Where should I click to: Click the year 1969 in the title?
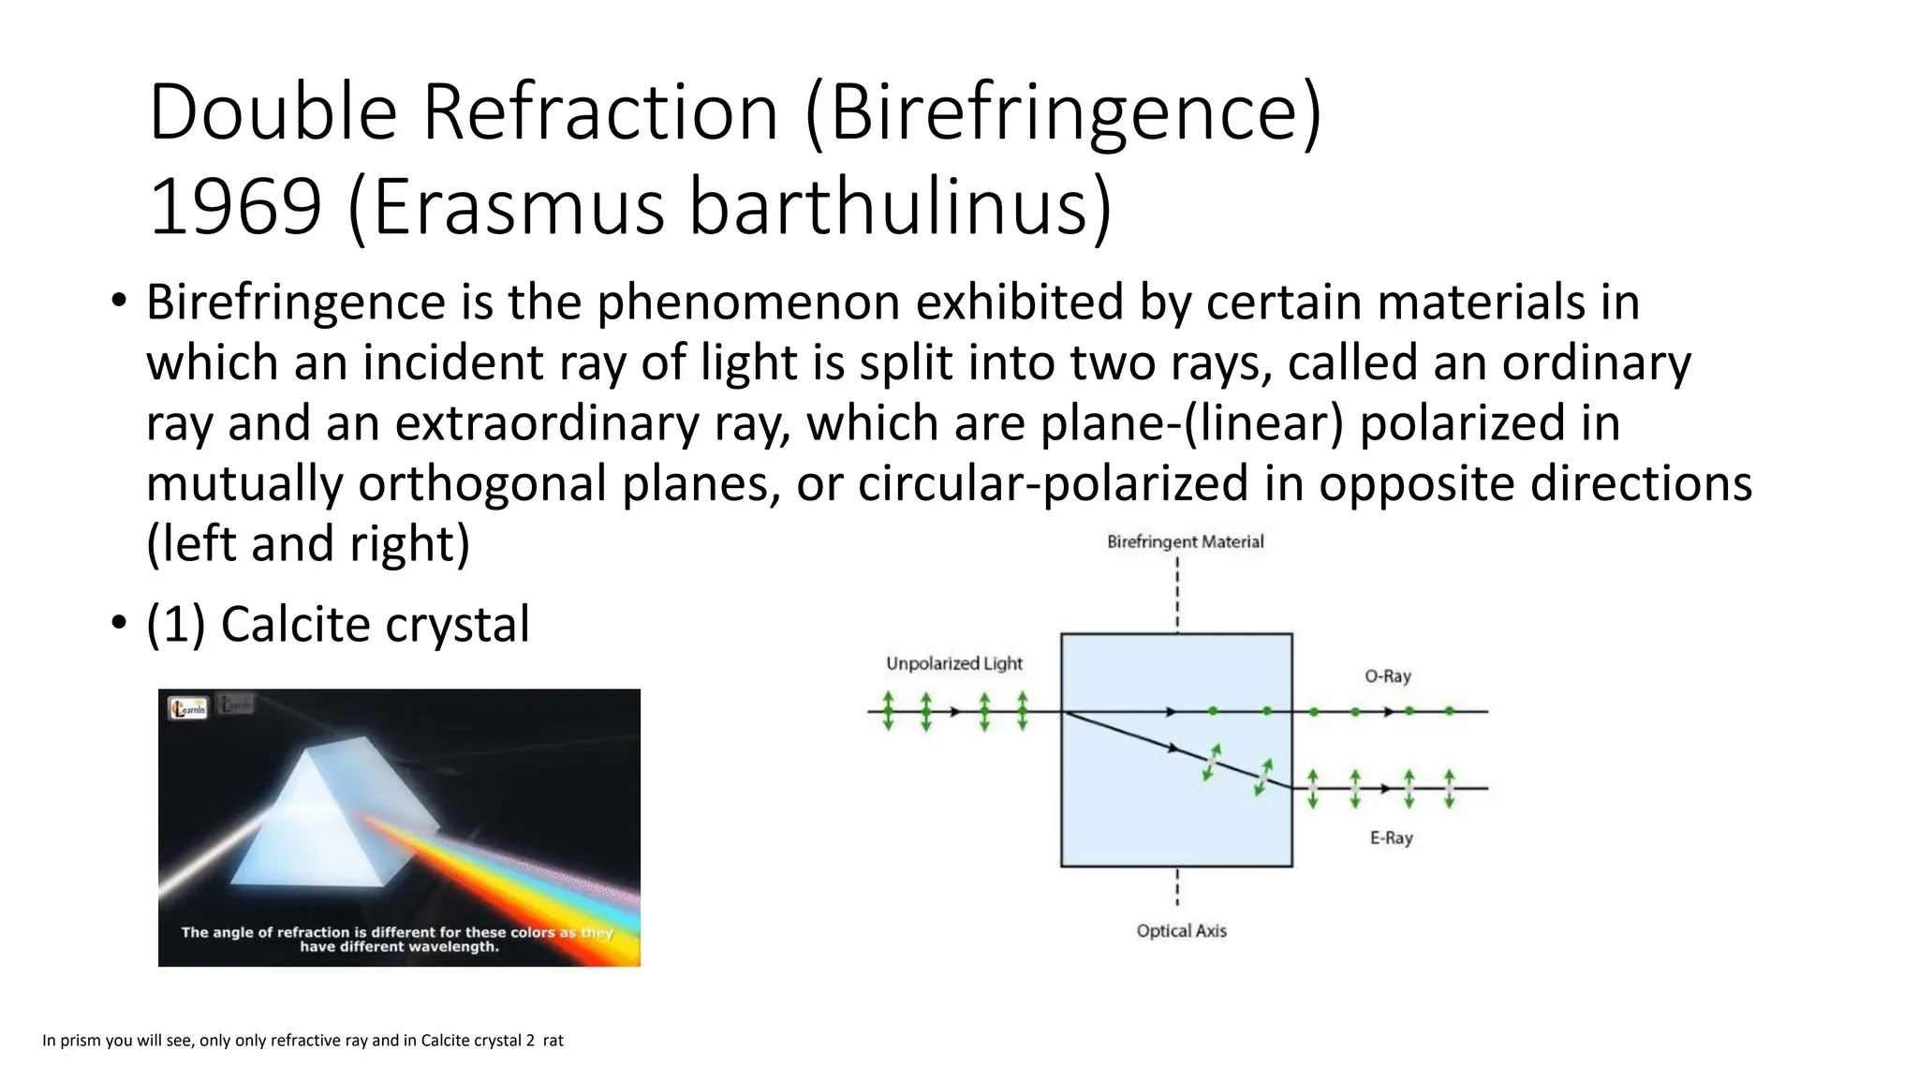click(236, 207)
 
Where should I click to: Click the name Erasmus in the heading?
click(518, 207)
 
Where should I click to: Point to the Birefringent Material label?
click(1185, 541)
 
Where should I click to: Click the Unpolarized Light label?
click(953, 663)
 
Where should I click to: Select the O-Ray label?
click(1387, 676)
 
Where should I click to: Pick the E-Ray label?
click(1391, 837)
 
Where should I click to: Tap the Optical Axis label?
click(1181, 930)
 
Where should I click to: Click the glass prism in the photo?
click(318, 815)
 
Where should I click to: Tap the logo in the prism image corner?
click(187, 708)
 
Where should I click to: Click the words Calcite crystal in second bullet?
click(375, 625)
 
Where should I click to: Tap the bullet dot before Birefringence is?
click(118, 302)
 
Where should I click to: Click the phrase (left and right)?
click(308, 544)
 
